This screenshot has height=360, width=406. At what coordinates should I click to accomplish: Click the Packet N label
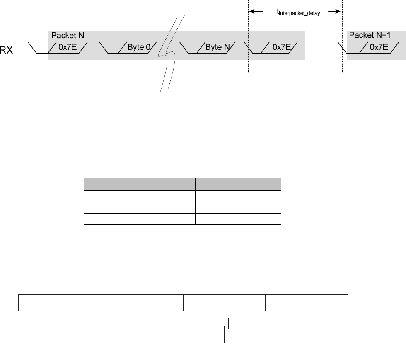click(x=68, y=36)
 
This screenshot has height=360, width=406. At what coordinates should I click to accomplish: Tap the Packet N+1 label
click(x=370, y=35)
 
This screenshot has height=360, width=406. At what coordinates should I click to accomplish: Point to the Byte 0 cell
click(x=138, y=47)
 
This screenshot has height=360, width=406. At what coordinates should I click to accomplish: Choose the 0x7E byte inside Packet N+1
click(x=379, y=47)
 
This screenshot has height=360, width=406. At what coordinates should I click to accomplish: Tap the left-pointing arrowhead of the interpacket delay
click(x=252, y=12)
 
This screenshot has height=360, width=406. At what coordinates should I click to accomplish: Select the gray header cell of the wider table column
click(x=140, y=184)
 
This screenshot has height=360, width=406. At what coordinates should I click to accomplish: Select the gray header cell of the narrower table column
click(x=238, y=184)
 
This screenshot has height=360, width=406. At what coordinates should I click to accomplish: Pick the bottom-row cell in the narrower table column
click(x=238, y=219)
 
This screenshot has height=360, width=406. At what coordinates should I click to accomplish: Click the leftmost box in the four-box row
click(x=60, y=303)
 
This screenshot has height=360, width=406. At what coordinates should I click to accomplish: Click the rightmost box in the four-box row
click(x=307, y=303)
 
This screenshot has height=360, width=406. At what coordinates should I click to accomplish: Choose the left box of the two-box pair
click(x=101, y=335)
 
